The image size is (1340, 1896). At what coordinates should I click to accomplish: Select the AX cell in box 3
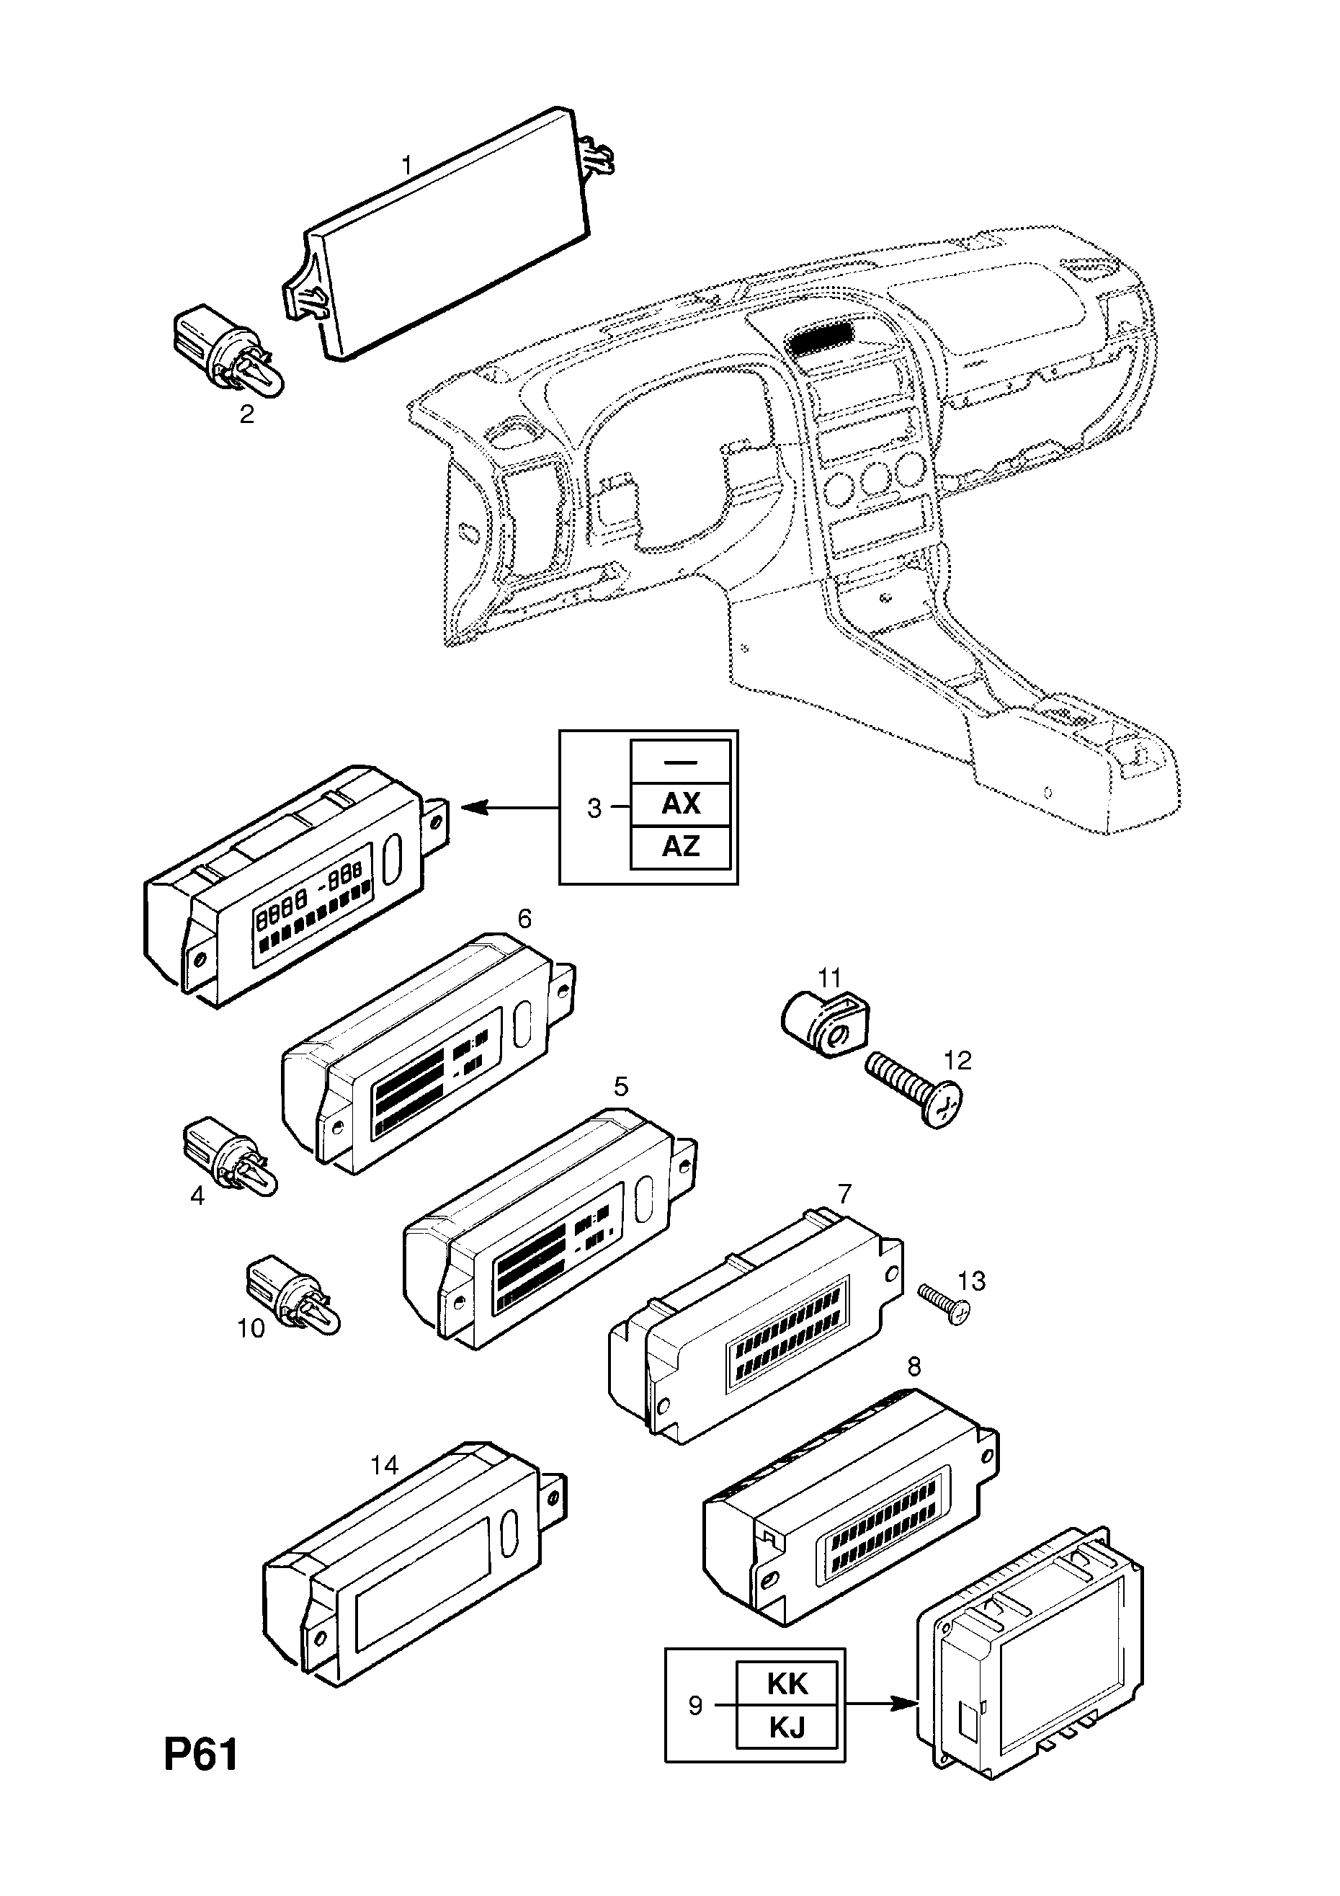[x=680, y=804]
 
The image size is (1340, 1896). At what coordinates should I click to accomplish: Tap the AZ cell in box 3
[x=680, y=847]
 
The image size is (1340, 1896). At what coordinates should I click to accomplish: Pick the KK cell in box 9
[x=787, y=1684]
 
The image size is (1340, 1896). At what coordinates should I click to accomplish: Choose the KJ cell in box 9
[x=787, y=1727]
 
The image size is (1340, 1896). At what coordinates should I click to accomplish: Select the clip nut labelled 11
[x=824, y=1025]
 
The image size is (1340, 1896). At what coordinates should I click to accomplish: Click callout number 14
[x=384, y=1466]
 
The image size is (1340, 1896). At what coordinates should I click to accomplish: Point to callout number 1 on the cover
[x=406, y=165]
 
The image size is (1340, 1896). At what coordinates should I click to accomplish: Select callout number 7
[x=844, y=1193]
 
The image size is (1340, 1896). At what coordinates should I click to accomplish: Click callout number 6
[x=524, y=918]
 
